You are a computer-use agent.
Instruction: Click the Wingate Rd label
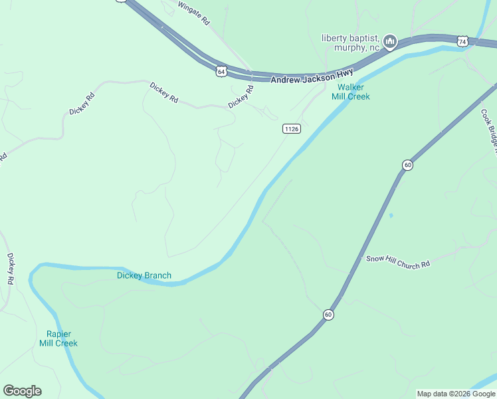tap(195, 13)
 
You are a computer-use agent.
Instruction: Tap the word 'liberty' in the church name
tap(335, 37)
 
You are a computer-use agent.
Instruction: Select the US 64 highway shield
tap(220, 69)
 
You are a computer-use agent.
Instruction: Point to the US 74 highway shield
tap(462, 42)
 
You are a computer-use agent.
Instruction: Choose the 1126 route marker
tap(291, 128)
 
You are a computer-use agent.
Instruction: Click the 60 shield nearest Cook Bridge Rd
tap(407, 165)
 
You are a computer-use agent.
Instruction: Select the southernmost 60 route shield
tap(328, 314)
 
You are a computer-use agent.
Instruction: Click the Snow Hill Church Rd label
tap(398, 261)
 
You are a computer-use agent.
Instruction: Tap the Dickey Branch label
tap(144, 275)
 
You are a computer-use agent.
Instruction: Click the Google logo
tap(22, 391)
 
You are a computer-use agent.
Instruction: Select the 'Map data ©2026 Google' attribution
tap(456, 394)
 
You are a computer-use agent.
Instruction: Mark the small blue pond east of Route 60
tap(391, 215)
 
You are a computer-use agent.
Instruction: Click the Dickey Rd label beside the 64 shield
tap(241, 97)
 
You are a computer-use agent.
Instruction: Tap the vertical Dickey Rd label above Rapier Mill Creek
tap(10, 269)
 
